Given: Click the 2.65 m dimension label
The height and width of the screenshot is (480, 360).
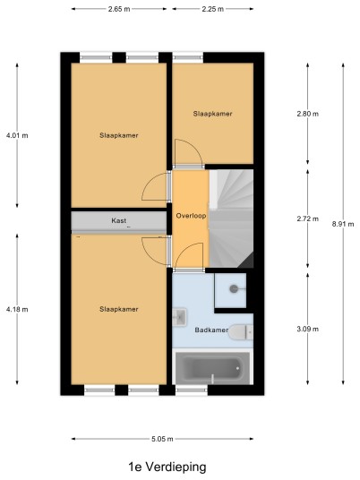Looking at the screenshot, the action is click(119, 9).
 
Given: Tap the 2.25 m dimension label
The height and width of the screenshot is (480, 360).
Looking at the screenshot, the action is click(213, 9).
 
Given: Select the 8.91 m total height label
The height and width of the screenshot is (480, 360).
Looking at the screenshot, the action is click(343, 224).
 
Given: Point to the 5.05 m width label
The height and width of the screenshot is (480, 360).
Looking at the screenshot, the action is click(162, 439).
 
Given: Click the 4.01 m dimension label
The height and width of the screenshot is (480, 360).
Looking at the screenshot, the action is click(17, 135).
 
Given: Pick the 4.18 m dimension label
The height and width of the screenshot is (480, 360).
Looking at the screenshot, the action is click(17, 309).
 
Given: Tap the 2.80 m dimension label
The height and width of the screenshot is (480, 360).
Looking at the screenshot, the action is click(308, 114).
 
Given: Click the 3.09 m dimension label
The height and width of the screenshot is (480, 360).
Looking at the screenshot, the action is click(308, 329).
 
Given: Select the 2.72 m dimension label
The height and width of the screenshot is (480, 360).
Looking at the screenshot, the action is click(308, 219).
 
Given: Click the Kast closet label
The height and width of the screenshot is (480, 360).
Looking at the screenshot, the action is click(119, 220).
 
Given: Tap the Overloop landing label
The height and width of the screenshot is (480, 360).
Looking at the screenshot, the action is click(191, 216).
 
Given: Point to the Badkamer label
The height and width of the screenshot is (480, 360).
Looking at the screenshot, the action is click(211, 330).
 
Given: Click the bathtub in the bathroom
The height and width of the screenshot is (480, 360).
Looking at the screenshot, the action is click(212, 367).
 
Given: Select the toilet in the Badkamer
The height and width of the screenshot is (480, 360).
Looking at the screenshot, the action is click(241, 332).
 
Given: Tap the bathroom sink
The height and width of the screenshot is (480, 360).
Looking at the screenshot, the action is click(179, 316).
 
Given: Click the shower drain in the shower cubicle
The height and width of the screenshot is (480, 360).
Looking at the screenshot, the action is click(234, 288).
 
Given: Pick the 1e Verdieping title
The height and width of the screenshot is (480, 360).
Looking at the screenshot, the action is click(167, 467).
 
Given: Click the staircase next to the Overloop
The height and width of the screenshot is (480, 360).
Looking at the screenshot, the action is click(231, 219).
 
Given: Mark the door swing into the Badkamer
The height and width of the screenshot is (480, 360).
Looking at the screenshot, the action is click(189, 256).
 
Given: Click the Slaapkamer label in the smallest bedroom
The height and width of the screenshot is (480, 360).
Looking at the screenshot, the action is click(213, 114).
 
